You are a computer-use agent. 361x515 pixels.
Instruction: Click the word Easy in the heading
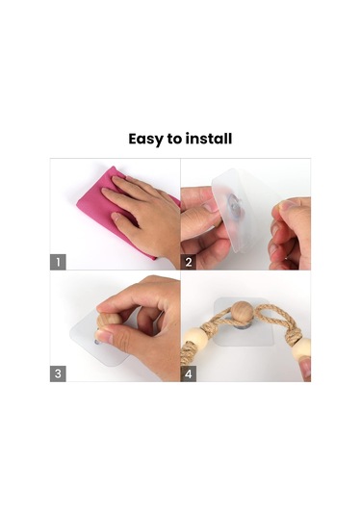[145, 139]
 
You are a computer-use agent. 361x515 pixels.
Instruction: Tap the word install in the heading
[210, 139]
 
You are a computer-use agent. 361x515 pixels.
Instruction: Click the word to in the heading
[174, 139]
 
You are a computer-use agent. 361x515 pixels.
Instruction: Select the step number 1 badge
[58, 262]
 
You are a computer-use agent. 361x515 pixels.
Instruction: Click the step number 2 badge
[189, 262]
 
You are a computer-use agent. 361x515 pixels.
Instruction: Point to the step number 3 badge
[58, 373]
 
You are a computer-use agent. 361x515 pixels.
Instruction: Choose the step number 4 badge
[189, 373]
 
